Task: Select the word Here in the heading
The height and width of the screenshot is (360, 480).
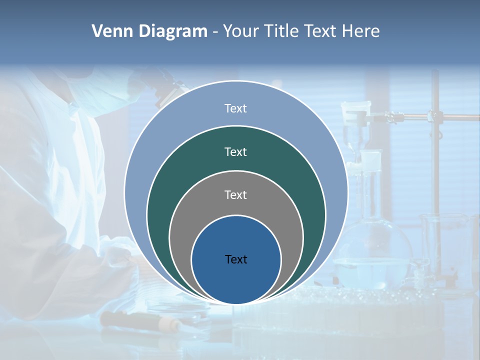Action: coord(360,31)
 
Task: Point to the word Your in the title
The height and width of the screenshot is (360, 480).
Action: coord(241,31)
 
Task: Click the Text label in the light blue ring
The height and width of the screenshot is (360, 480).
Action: coord(235,108)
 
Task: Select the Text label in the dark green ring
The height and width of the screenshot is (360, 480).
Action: coord(235,151)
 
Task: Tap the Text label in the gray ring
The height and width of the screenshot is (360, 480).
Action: coord(235,194)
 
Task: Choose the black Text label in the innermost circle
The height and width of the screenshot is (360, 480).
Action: coord(236,259)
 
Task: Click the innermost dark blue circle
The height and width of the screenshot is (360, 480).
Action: coord(236,280)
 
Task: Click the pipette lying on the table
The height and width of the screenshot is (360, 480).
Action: coord(140,320)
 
